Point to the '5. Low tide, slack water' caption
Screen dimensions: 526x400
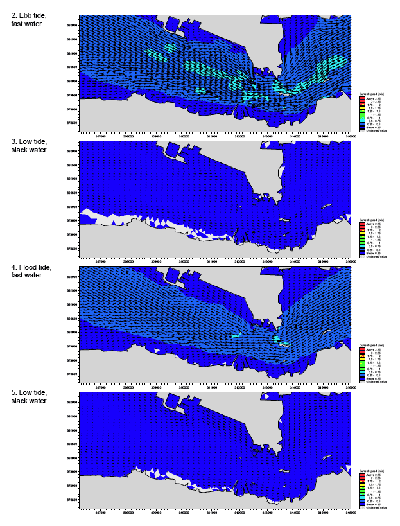click(24, 396)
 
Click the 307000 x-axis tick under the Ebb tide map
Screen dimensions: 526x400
click(101, 136)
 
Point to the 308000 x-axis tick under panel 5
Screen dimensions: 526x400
click(128, 513)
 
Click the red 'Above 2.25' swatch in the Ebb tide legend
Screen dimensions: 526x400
click(361, 98)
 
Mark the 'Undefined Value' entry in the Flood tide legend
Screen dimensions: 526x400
click(374, 381)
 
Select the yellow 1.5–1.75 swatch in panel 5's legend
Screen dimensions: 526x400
click(361, 484)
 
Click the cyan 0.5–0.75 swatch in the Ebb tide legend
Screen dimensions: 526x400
click(361, 121)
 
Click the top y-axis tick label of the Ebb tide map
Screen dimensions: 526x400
click(72, 25)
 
